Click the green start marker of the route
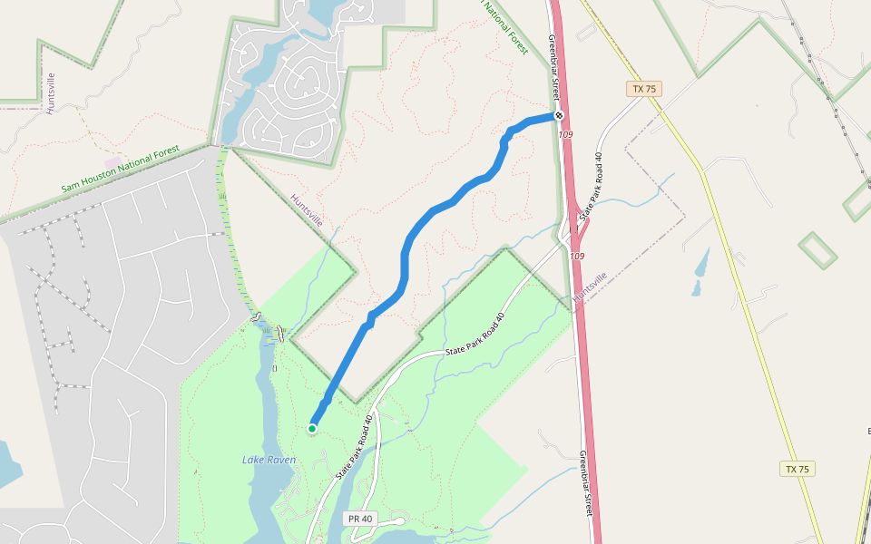click(x=312, y=429)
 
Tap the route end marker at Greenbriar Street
click(x=559, y=116)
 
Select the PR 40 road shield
click(x=360, y=519)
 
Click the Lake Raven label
click(x=269, y=460)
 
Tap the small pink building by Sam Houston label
click(x=113, y=161)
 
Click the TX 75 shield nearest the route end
click(x=644, y=89)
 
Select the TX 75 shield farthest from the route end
click(x=798, y=469)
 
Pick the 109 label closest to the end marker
click(x=566, y=134)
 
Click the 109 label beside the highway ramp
click(x=577, y=257)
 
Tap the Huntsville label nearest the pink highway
click(x=590, y=288)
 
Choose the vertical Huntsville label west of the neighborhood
click(x=51, y=92)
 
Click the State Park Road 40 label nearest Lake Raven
click(x=355, y=448)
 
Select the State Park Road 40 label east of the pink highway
click(x=591, y=182)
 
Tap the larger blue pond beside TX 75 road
click(x=701, y=262)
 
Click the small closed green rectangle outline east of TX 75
click(x=817, y=249)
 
